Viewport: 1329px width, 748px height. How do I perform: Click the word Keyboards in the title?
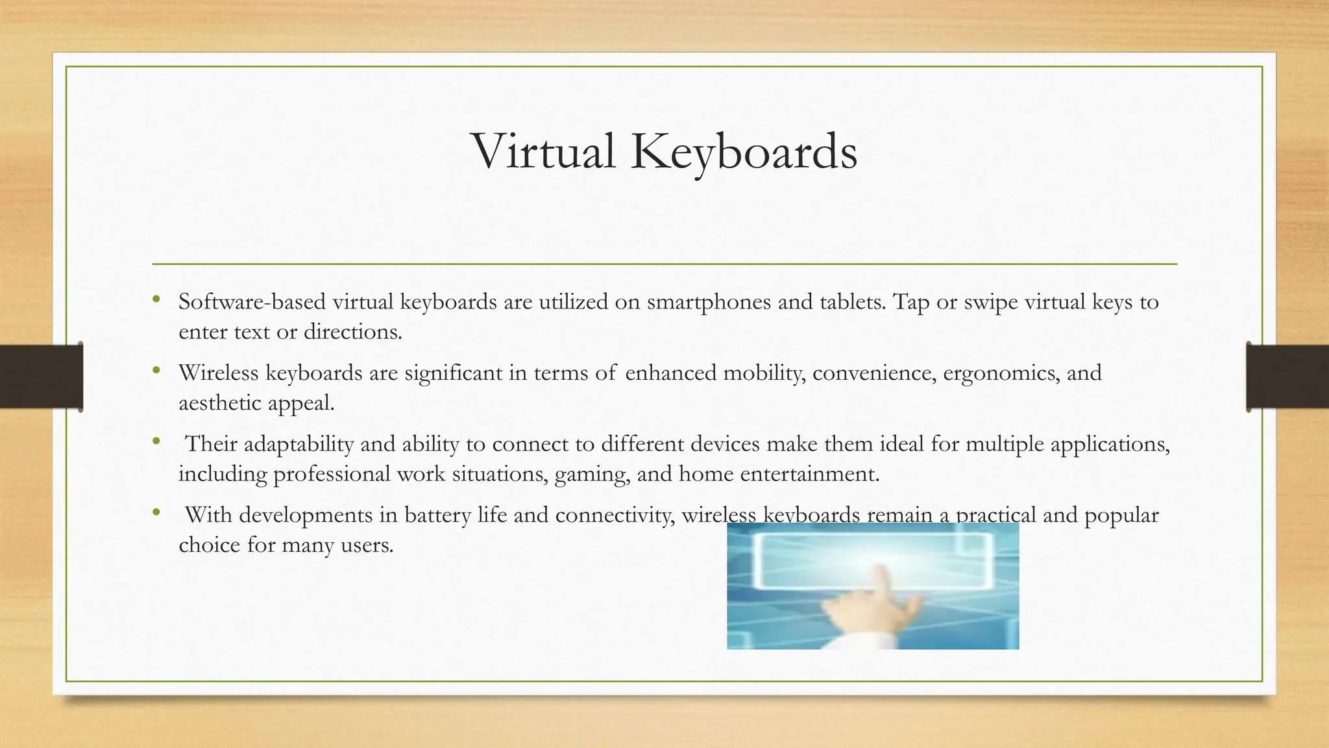tap(744, 153)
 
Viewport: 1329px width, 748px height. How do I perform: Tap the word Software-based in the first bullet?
tap(252, 302)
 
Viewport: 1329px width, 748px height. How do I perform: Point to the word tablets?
tap(851, 302)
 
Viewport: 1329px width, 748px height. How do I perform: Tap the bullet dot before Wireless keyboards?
tap(156, 371)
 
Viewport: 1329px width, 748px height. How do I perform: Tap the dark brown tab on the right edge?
tap(1287, 377)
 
